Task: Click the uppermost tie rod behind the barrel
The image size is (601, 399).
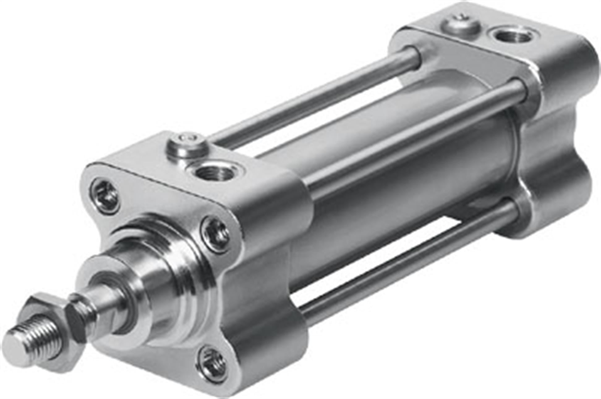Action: pos(312,96)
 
